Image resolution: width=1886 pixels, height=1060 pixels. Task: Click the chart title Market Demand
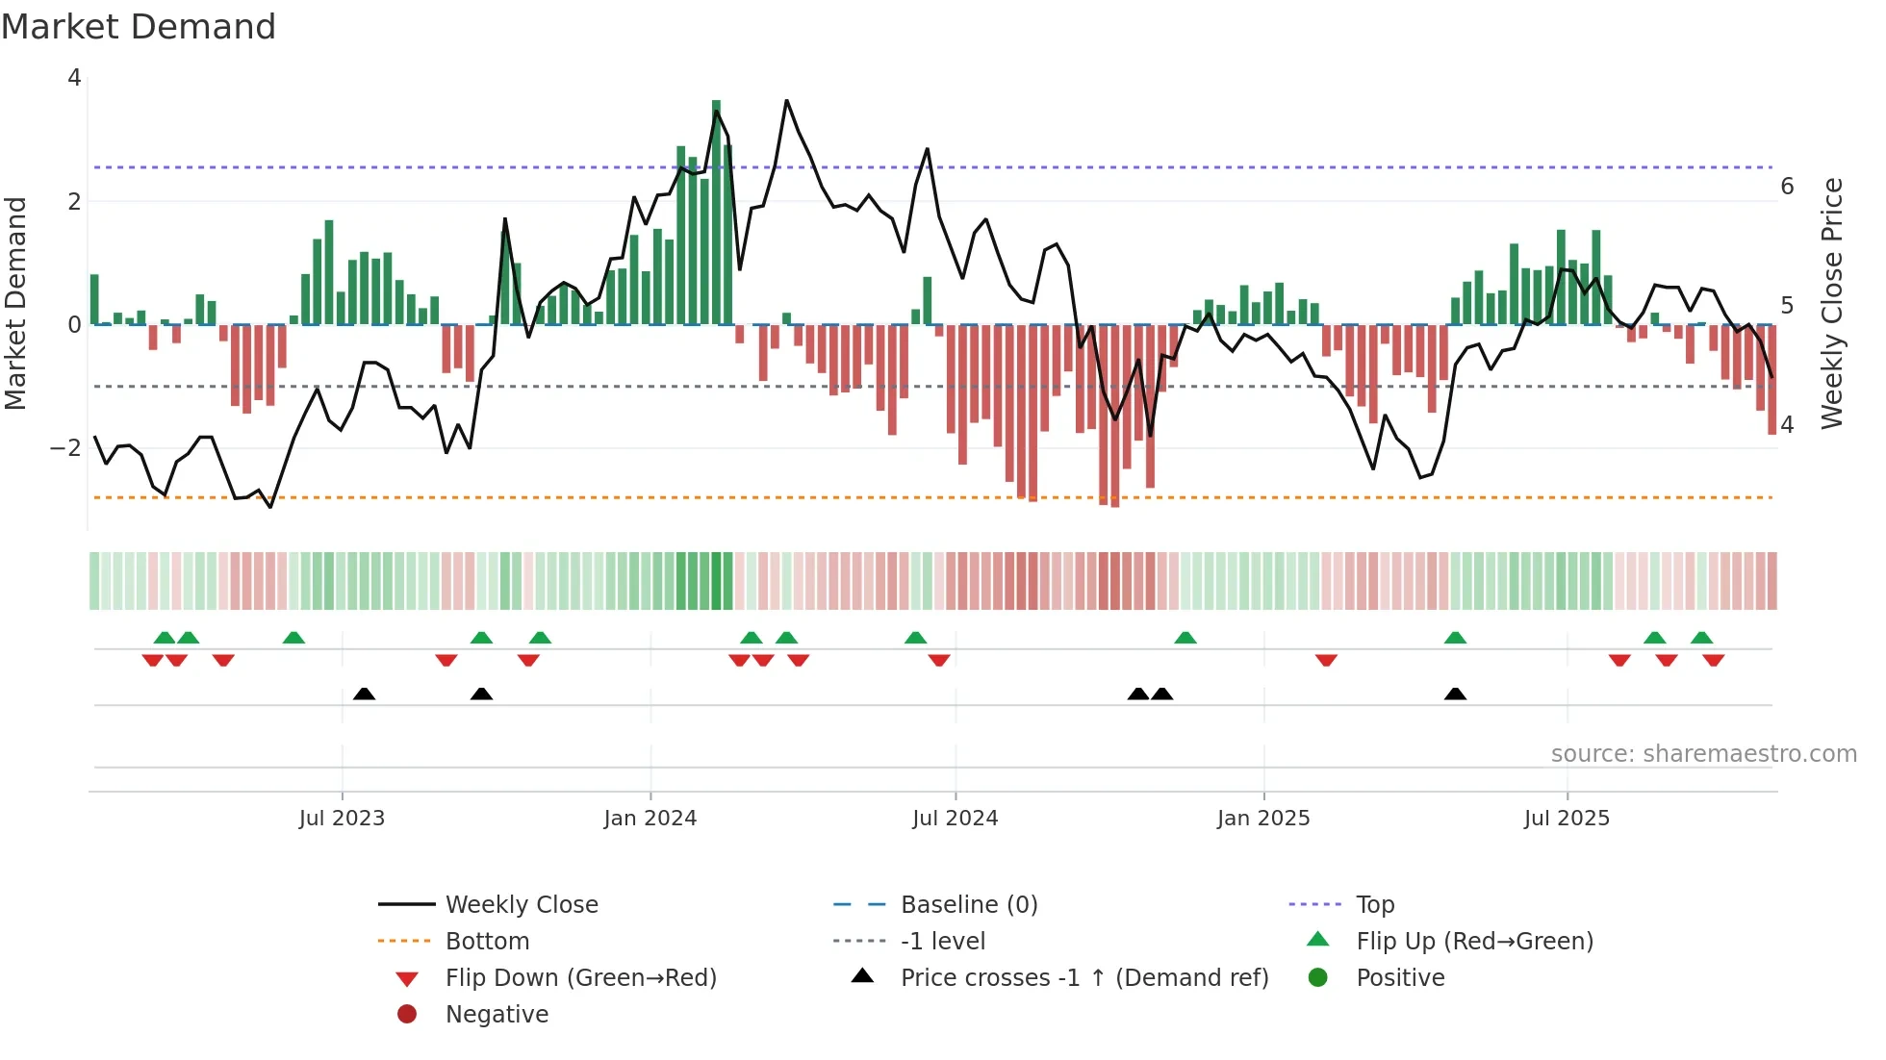(139, 26)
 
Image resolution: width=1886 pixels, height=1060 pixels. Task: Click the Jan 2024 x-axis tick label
(650, 819)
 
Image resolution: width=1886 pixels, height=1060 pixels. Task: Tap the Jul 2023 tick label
(342, 819)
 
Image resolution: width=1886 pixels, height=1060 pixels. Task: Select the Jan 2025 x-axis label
(1262, 819)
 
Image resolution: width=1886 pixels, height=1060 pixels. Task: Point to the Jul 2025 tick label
(1567, 819)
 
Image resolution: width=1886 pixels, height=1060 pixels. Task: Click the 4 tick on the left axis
(74, 78)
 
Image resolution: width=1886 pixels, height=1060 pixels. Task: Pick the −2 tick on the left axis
(66, 448)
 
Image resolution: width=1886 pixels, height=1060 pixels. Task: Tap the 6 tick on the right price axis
(1787, 187)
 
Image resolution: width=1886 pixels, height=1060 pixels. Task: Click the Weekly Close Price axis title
(1832, 303)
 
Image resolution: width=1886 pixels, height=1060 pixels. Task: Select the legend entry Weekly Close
(521, 905)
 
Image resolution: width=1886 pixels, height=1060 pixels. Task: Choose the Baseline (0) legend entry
(968, 905)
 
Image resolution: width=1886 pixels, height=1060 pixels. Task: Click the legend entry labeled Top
(1375, 905)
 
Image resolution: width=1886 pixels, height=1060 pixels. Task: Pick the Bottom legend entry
(487, 942)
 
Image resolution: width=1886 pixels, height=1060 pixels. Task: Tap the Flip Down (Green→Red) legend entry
(580, 978)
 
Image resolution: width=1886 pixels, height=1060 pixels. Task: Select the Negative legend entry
(497, 1015)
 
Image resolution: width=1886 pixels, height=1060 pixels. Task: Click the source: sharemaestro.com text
(1703, 754)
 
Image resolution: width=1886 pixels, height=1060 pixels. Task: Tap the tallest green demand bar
(716, 212)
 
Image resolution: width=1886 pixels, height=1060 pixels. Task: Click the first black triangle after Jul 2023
(364, 694)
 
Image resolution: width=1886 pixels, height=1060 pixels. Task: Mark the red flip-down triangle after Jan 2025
(1326, 661)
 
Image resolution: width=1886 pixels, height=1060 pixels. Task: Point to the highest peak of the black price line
(786, 101)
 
